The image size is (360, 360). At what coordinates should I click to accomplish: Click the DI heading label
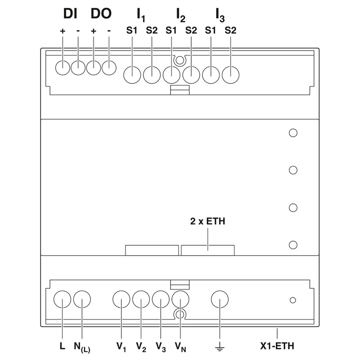pyautogui.click(x=70, y=14)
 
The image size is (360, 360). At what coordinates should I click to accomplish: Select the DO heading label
pyautogui.click(x=101, y=14)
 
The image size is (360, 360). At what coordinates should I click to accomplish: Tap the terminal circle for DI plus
pyautogui.click(x=63, y=67)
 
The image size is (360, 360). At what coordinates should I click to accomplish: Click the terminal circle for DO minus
pyautogui.click(x=109, y=67)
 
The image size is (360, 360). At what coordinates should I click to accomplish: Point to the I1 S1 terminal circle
pyautogui.click(x=132, y=74)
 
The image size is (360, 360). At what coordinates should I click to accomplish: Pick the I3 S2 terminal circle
pyautogui.click(x=230, y=74)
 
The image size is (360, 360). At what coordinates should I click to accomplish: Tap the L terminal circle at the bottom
pyautogui.click(x=62, y=299)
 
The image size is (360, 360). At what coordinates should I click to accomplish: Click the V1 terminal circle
pyautogui.click(x=121, y=299)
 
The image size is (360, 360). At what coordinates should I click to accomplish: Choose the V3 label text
pyautogui.click(x=161, y=347)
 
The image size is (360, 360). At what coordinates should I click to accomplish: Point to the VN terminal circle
pyautogui.click(x=180, y=299)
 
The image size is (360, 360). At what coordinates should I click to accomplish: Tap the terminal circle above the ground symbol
pyautogui.click(x=220, y=299)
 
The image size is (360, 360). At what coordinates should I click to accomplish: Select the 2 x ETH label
pyautogui.click(x=208, y=221)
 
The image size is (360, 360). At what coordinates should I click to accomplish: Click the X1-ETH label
pyautogui.click(x=277, y=347)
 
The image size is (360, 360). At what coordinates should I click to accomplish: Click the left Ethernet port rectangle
pyautogui.click(x=152, y=250)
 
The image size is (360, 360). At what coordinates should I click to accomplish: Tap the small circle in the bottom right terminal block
pyautogui.click(x=293, y=300)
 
